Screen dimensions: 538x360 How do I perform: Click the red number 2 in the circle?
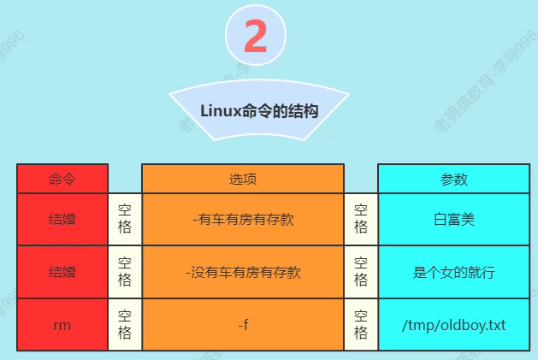tap(255, 37)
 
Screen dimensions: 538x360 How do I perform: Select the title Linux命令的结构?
tap(259, 111)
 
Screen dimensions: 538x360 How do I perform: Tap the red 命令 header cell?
tap(62, 179)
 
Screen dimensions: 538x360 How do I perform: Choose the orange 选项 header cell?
tap(243, 179)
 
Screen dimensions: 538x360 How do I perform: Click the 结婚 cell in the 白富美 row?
tap(62, 219)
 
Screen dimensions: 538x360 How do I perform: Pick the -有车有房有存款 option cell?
tap(243, 219)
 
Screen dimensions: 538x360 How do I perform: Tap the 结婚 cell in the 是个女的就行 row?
tap(62, 272)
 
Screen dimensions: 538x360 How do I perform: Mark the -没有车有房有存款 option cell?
tap(243, 272)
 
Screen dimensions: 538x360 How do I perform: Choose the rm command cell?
tap(62, 325)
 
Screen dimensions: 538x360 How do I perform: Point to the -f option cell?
tap(243, 325)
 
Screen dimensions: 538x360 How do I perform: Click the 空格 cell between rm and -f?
tap(125, 325)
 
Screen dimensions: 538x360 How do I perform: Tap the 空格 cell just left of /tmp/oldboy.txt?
tap(361, 325)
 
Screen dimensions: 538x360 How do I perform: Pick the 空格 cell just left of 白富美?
tap(361, 219)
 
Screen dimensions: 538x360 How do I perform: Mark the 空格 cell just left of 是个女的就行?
tap(361, 272)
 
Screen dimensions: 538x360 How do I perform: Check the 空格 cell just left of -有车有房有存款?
tap(125, 219)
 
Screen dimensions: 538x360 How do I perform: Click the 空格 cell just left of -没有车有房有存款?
tap(125, 272)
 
